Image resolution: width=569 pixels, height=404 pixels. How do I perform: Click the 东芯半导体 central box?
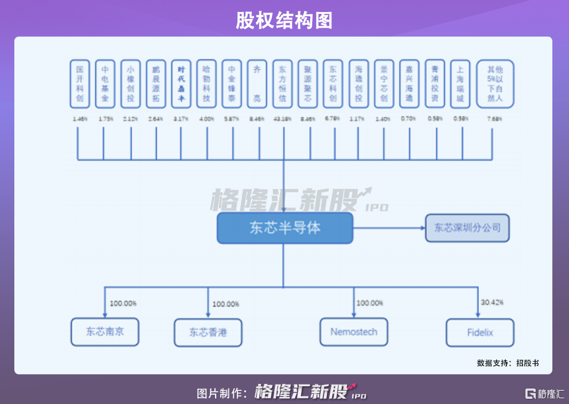(x=284, y=228)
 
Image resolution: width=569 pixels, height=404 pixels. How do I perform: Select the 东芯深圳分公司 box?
(x=467, y=228)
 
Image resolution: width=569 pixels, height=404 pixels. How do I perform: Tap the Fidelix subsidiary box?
(x=480, y=332)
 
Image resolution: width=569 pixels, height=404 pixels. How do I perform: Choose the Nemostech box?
(x=353, y=332)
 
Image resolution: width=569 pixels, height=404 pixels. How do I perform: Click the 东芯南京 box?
(x=105, y=332)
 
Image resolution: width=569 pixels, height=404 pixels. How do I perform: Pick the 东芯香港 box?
(x=208, y=332)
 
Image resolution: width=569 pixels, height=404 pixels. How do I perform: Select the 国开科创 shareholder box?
(x=80, y=84)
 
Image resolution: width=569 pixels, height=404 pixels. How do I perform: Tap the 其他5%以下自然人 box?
(x=494, y=84)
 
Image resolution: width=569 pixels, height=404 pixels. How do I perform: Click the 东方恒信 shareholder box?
(x=282, y=84)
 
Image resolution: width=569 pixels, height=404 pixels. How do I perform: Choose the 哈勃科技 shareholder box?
(x=206, y=84)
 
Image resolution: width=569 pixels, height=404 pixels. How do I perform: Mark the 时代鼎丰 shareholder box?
(x=181, y=84)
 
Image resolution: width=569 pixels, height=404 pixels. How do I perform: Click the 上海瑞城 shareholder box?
(x=460, y=84)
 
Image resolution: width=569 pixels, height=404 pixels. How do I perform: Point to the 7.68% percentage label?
(x=494, y=119)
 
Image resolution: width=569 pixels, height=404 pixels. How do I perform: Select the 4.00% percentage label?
(x=206, y=119)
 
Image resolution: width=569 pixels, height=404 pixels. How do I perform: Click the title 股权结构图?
(x=284, y=21)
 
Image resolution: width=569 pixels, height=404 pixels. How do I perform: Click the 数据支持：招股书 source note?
(x=508, y=363)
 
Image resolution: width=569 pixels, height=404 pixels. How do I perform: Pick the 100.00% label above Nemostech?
(x=369, y=303)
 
